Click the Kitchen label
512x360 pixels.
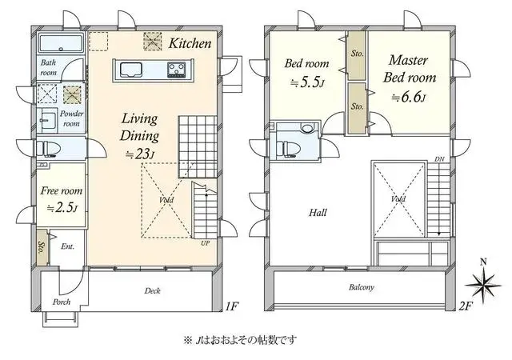190,43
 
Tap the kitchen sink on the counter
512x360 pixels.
131,70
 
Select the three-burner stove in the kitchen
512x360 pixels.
176,70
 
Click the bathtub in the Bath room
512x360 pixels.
61,42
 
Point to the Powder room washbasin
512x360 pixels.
47,120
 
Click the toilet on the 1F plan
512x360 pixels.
48,149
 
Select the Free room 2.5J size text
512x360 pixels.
62,208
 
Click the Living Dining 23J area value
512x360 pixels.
140,154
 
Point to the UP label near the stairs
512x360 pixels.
205,243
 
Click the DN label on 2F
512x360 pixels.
439,159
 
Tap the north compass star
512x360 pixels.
483,285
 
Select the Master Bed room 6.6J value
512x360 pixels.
409,97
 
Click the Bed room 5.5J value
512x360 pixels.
307,82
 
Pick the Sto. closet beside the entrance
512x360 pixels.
42,248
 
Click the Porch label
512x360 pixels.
62,302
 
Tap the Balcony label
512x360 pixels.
361,287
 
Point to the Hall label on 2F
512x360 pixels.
318,213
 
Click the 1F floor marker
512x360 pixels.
232,306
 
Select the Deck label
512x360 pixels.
153,290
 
